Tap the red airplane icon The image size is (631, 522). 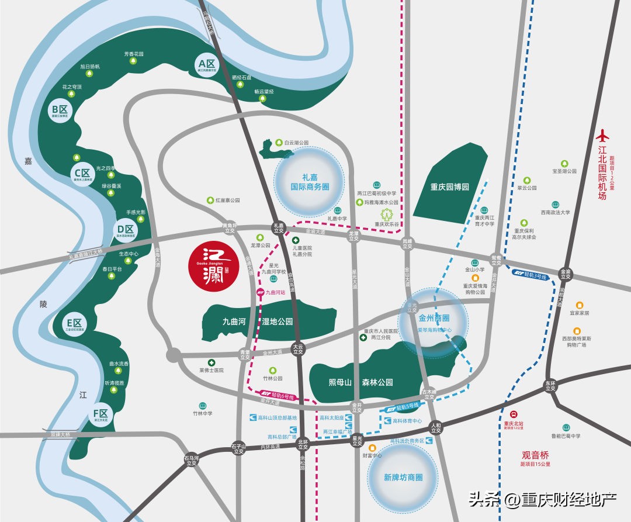click(x=602, y=136)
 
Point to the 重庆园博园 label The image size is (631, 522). click(x=450, y=187)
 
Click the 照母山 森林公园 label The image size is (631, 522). click(x=360, y=383)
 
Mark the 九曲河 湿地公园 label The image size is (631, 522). click(x=257, y=322)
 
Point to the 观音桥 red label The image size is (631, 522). click(x=536, y=455)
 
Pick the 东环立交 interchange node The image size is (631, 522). click(x=549, y=386)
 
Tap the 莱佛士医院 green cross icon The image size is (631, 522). click(x=212, y=362)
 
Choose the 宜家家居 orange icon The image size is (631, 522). click(x=579, y=305)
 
